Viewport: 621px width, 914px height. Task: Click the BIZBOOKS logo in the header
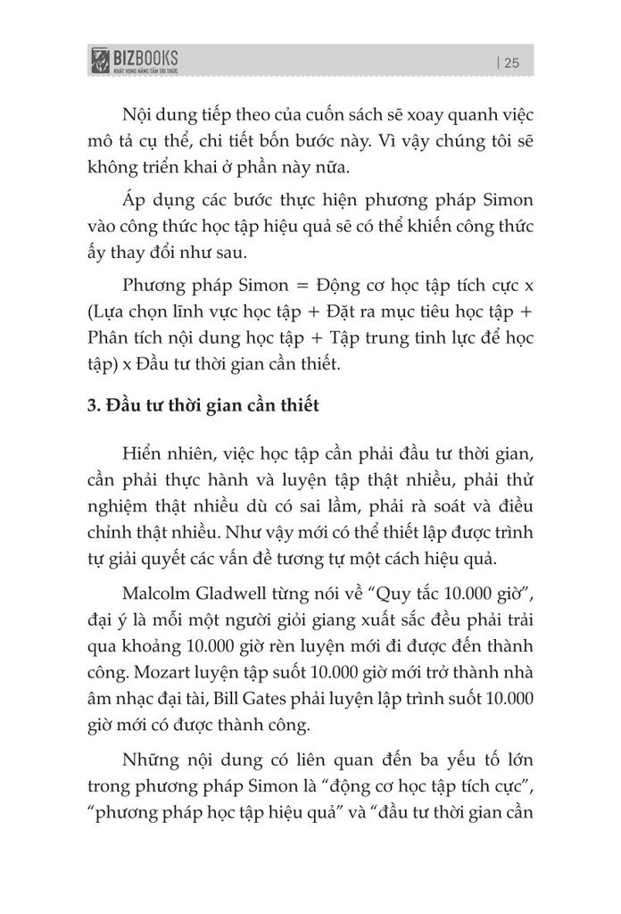pyautogui.click(x=133, y=60)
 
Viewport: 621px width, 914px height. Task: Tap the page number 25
pyautogui.click(x=511, y=62)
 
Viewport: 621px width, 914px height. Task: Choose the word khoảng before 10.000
pyautogui.click(x=144, y=644)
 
